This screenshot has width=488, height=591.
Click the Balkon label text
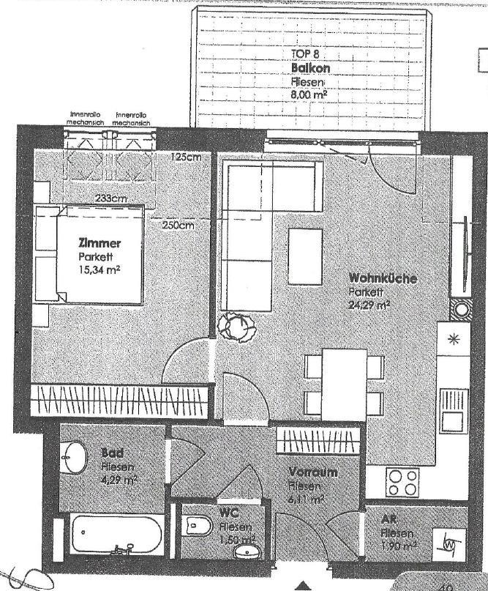310,68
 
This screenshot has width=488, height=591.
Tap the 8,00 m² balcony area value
308,94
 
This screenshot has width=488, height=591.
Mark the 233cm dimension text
111,198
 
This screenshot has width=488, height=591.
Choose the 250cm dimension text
178,226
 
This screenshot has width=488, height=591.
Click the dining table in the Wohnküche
344,380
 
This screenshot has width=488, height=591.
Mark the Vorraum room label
312,472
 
